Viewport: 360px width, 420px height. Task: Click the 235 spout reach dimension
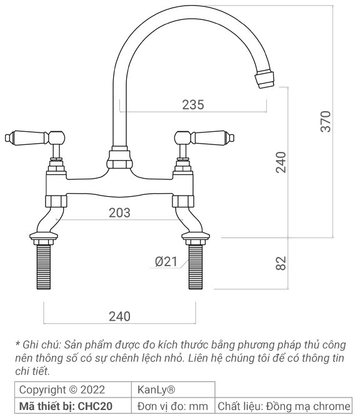(193, 105)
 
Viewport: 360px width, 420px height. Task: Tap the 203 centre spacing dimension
(119, 212)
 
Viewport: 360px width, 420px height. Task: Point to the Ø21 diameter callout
(167, 262)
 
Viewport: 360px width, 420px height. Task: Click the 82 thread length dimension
(281, 263)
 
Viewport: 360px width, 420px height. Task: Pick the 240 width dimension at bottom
(119, 316)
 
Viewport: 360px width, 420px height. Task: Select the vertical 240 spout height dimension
(281, 162)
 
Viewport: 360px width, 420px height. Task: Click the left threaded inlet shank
(43, 267)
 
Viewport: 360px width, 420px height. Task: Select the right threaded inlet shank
(196, 267)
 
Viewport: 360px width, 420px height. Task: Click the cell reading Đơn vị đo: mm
(172, 406)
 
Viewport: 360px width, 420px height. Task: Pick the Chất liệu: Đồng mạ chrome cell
(283, 406)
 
